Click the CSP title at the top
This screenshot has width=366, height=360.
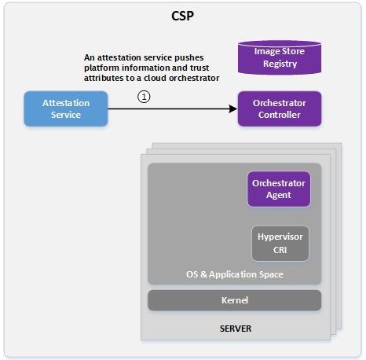point(182,16)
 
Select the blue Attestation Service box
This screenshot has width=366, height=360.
point(66,108)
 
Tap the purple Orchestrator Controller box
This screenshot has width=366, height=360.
point(280,108)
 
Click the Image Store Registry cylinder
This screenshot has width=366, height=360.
point(280,57)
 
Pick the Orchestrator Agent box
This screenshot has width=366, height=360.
point(279,189)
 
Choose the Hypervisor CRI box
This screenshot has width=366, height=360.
point(280,244)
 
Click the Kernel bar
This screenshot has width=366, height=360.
point(235,300)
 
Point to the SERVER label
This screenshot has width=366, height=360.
point(236,329)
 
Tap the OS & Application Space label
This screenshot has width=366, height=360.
point(235,274)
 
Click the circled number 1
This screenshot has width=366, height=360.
point(144,97)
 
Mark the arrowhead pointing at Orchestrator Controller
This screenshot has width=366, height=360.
point(233,108)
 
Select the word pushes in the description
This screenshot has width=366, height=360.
point(189,57)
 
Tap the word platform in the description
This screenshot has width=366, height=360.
point(101,68)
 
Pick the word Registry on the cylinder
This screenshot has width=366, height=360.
point(280,64)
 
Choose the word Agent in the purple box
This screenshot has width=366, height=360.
point(279,195)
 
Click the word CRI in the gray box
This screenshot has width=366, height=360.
point(280,250)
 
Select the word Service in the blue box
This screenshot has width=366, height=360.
point(66,115)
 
